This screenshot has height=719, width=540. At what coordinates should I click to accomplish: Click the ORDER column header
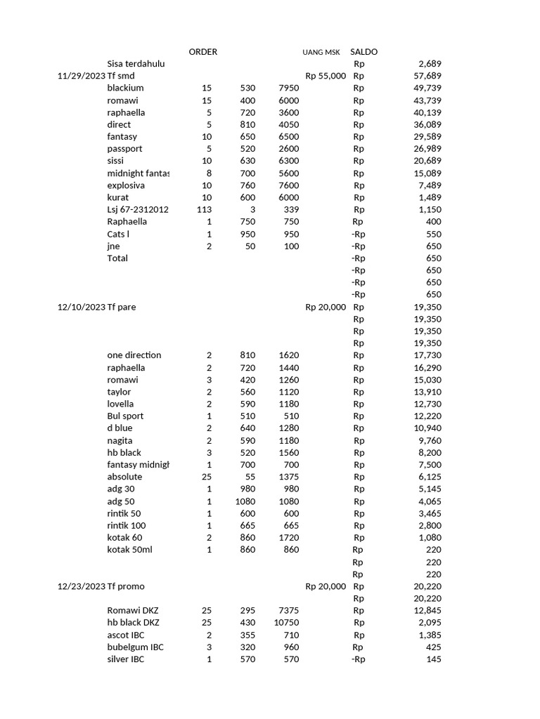point(203,52)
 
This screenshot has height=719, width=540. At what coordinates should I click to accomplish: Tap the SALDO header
point(364,52)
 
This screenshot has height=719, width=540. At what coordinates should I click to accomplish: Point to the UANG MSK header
point(321,53)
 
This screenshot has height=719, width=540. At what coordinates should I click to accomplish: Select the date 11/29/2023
point(81,76)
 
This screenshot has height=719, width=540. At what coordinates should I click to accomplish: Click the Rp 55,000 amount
point(326,76)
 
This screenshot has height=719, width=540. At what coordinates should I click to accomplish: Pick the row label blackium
point(125,88)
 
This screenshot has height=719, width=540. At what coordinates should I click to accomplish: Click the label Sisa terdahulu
point(136,64)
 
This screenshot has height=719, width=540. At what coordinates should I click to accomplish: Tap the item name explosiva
point(126,185)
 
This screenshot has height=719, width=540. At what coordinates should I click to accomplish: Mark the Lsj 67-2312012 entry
point(138,209)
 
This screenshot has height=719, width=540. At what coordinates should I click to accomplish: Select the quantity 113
point(204,209)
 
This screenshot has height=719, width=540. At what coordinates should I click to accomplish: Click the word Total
point(117,258)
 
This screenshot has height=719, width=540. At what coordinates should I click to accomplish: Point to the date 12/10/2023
point(81,307)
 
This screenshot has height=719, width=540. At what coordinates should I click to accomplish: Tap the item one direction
point(134,355)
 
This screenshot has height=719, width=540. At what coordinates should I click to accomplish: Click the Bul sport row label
point(125,416)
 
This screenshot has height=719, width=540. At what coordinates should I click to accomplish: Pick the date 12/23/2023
point(81,586)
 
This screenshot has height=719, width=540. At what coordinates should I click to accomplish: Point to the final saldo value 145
point(434,659)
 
